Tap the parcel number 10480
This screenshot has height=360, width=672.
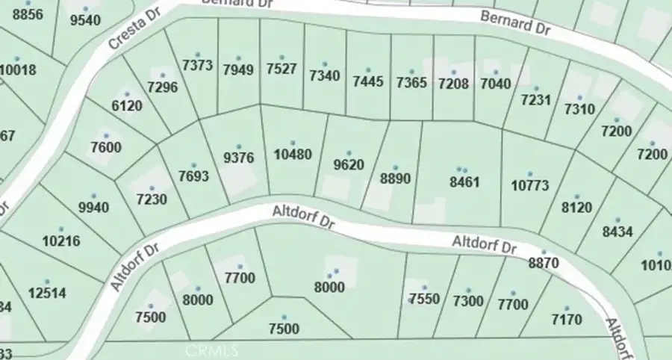point(292,155)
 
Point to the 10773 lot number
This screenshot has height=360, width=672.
point(529,184)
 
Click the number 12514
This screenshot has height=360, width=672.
point(48,293)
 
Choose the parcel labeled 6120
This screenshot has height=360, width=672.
point(126,106)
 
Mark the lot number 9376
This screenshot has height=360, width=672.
point(239,158)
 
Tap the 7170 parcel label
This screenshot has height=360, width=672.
point(566,320)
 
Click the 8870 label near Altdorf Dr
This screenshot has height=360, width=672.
point(544,262)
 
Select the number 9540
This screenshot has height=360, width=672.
point(84,20)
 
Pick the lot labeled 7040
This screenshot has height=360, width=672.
point(496,83)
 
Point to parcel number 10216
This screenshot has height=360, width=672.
point(61,241)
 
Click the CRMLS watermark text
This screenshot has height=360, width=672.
point(211,350)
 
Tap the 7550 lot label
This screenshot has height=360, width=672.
point(425,300)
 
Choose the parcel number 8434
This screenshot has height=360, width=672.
point(617,232)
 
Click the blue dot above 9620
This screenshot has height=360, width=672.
point(349,153)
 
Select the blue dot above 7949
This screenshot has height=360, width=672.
point(238,58)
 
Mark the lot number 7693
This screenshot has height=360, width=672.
point(193,177)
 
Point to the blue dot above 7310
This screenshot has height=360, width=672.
point(579,98)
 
